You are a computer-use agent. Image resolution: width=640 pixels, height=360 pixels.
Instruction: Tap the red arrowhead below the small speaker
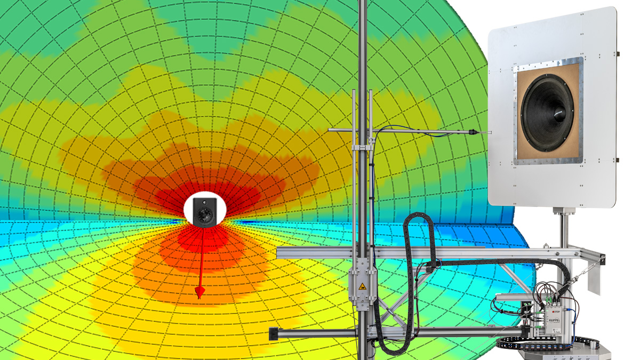(200, 292)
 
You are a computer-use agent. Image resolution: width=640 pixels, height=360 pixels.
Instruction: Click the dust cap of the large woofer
(559, 112)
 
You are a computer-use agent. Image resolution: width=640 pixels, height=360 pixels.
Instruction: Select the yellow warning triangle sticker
(363, 286)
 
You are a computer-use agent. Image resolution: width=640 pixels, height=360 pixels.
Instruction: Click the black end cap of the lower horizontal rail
(272, 333)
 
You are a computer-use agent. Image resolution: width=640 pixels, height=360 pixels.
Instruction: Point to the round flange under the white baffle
(563, 211)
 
